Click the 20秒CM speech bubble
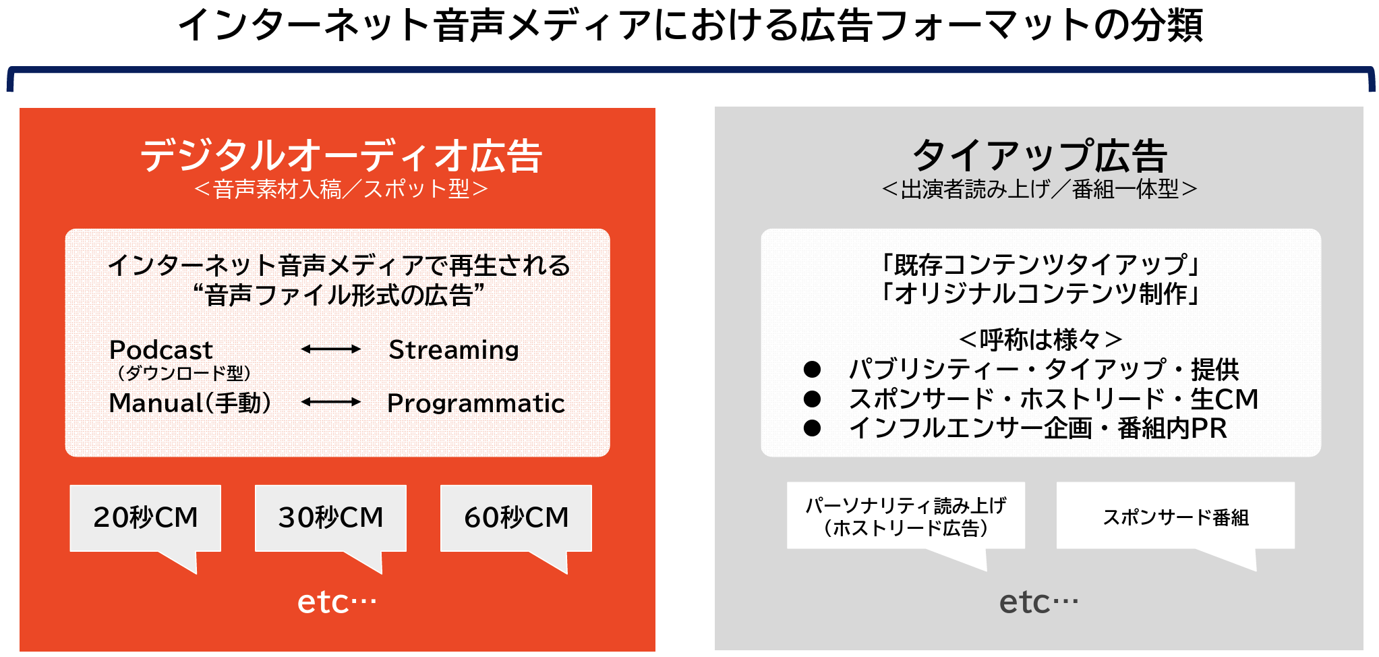click(146, 518)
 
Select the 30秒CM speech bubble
click(330, 518)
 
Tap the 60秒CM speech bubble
click(516, 518)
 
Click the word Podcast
click(161, 349)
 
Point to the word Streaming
click(454, 350)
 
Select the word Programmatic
click(476, 403)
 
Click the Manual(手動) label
click(190, 403)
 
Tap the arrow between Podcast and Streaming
click(331, 349)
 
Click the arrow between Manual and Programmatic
click(331, 402)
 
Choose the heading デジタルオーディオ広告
click(341, 156)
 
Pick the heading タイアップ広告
click(1039, 156)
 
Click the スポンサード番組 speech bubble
click(1175, 517)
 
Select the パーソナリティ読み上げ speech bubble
click(906, 517)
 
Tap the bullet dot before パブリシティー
click(812, 369)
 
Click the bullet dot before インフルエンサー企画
click(812, 428)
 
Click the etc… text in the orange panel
click(337, 602)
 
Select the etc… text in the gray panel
click(1038, 602)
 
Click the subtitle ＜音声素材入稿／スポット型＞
click(341, 189)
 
